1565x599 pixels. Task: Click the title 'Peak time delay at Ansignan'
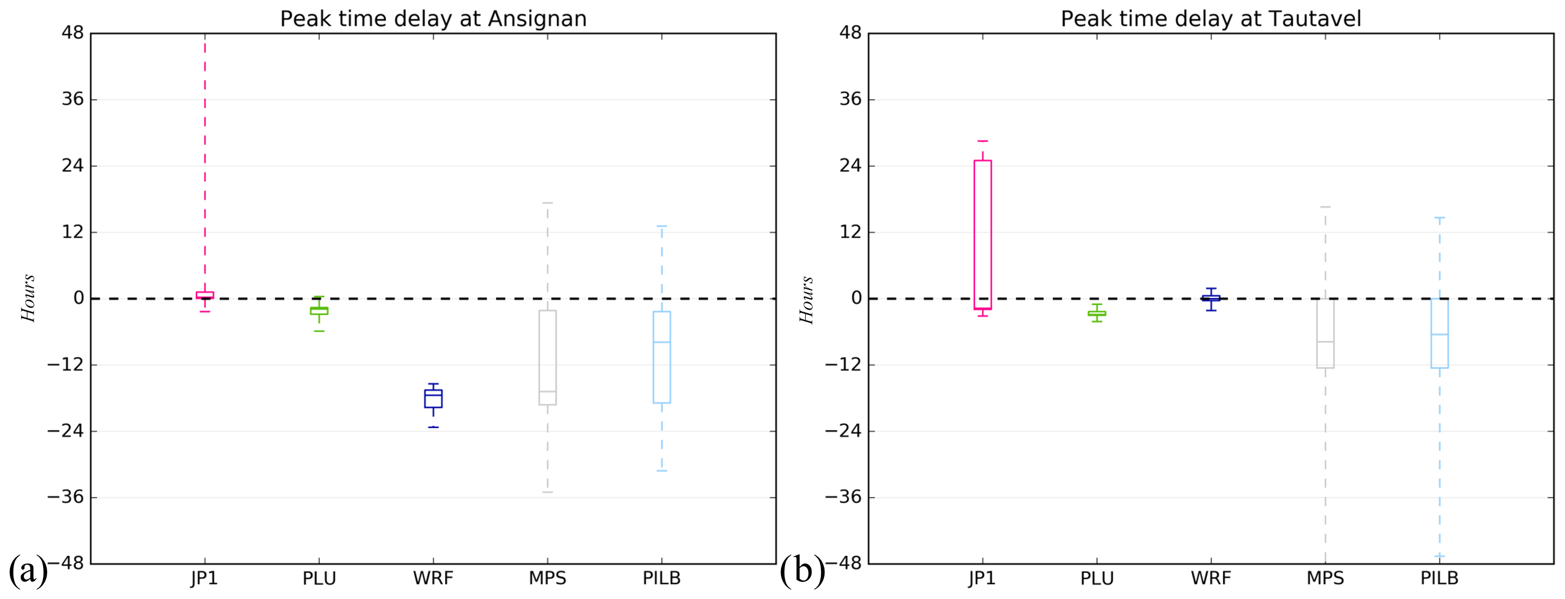click(x=433, y=19)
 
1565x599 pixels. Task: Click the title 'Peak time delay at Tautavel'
click(x=1210, y=19)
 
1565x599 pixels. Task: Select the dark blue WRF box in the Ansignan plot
click(x=433, y=398)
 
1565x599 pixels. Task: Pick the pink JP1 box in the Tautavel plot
click(x=982, y=234)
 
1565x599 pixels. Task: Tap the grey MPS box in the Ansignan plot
click(x=548, y=357)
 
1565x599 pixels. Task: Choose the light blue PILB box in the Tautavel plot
click(x=1439, y=333)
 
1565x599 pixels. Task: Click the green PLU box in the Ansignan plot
click(x=319, y=311)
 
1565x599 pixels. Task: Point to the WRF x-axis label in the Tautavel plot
click(x=1210, y=578)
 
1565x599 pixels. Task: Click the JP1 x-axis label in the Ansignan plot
click(x=205, y=578)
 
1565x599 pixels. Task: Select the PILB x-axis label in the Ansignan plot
click(x=662, y=578)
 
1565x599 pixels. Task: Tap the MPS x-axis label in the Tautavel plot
click(x=1325, y=578)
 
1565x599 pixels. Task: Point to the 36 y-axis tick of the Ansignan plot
click(x=72, y=99)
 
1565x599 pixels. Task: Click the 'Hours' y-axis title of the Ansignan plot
click(x=29, y=298)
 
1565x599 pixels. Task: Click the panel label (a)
click(x=28, y=570)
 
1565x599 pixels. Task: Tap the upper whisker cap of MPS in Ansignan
click(x=548, y=203)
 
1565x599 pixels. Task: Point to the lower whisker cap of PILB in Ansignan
click(x=662, y=471)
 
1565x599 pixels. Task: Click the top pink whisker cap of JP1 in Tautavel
click(x=982, y=141)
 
